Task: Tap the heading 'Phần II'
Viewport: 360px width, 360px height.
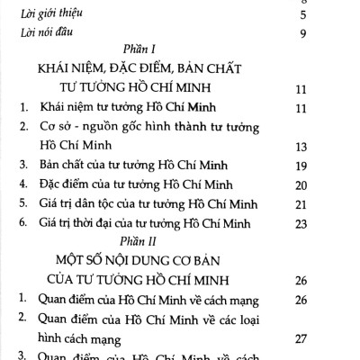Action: click(x=134, y=240)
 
